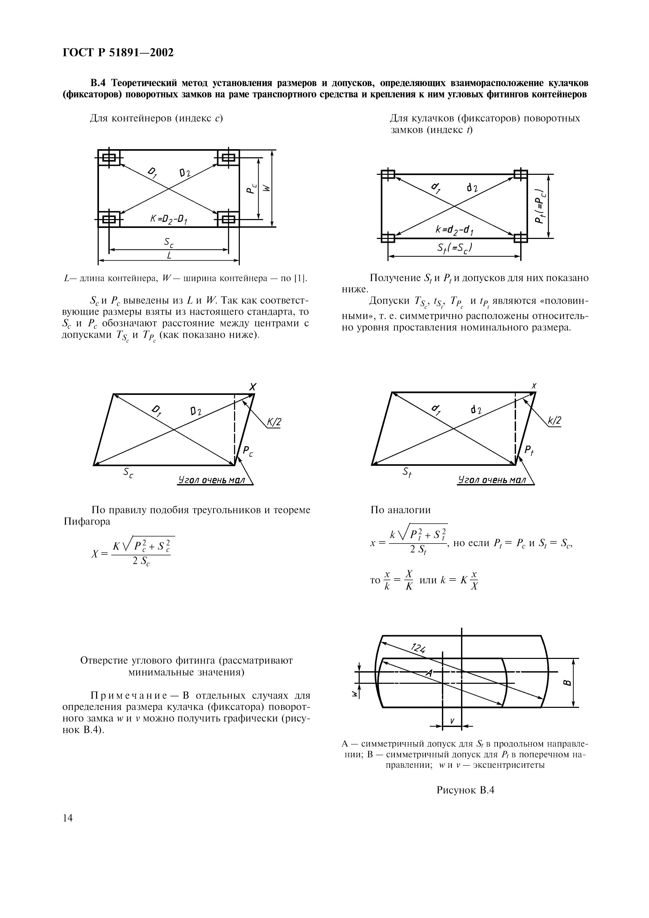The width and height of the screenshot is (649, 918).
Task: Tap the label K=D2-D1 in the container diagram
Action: (x=169, y=219)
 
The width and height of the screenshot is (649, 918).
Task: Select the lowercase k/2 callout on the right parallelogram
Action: (x=555, y=421)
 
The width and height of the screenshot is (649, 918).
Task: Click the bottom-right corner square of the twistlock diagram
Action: (x=521, y=238)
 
